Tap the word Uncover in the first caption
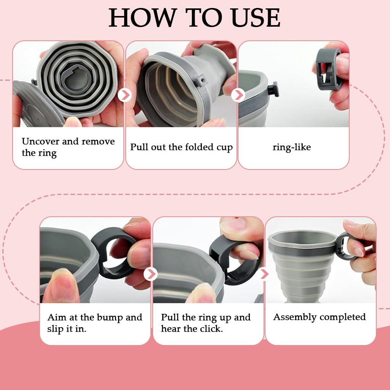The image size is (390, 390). pos(40,141)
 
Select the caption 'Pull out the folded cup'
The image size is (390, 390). pos(181,147)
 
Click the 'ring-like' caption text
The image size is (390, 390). pos(292,147)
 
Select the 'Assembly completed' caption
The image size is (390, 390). pos(320,317)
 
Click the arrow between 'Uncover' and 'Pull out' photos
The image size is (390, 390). pos(125,95)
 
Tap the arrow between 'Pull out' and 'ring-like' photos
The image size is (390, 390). pos(238,95)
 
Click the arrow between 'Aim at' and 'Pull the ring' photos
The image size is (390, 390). pos(150,274)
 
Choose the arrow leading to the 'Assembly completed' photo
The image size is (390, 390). pos(264,274)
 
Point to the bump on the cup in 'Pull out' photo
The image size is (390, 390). pos(201,80)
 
